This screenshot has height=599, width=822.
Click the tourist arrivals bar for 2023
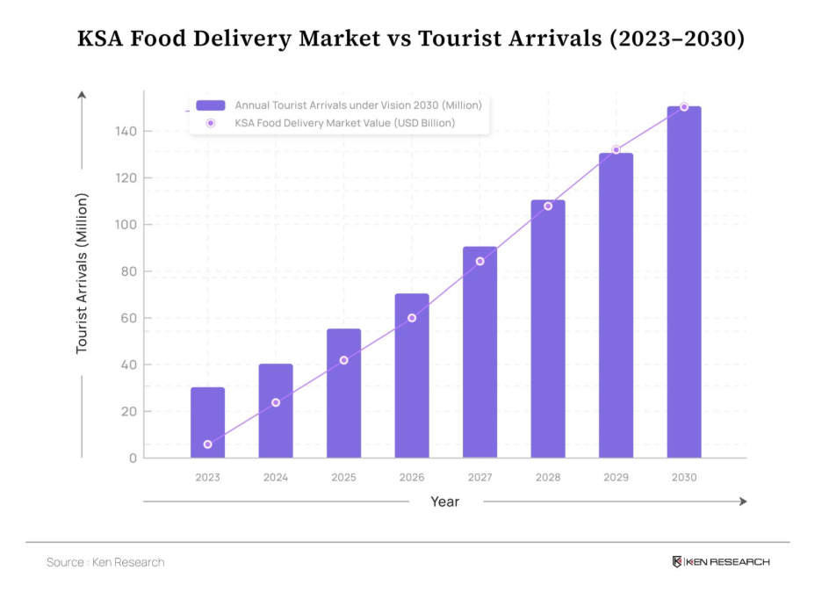click(x=207, y=422)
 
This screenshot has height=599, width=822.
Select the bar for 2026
click(x=412, y=376)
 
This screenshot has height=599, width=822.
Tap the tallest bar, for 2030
click(x=684, y=282)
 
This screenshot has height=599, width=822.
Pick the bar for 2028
click(x=548, y=329)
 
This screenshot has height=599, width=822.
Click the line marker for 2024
click(x=276, y=402)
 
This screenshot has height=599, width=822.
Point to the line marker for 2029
click(x=616, y=150)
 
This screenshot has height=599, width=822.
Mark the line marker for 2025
click(x=343, y=360)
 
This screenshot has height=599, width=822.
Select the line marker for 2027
click(x=479, y=261)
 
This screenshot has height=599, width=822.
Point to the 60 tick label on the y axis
click(x=127, y=318)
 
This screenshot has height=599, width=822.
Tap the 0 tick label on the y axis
click(x=133, y=458)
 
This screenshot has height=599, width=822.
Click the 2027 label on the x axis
click(x=479, y=478)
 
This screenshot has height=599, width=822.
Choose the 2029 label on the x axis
click(x=616, y=478)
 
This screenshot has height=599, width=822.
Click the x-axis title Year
click(x=444, y=502)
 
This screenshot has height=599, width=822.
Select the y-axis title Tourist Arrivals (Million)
click(x=83, y=273)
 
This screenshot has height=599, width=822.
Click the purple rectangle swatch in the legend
click(x=211, y=105)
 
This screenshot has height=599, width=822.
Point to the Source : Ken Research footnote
click(x=105, y=562)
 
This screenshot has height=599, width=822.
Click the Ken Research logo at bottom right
click(x=720, y=562)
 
